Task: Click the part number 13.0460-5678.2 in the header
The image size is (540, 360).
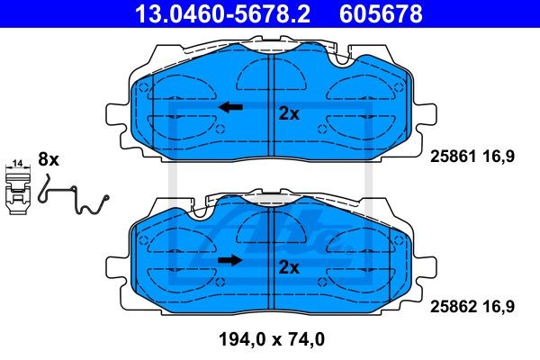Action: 223,13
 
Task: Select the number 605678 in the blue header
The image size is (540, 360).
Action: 381,13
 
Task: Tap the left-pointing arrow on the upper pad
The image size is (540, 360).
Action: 230,107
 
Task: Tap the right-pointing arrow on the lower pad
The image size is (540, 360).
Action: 230,260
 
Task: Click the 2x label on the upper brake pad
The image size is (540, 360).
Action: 289,113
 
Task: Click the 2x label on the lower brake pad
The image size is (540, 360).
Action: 289,267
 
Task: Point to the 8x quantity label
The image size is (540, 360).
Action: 49,159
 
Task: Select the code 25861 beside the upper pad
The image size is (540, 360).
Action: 454,157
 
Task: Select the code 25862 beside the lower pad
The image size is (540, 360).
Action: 454,307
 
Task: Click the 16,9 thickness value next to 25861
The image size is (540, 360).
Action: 499,157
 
